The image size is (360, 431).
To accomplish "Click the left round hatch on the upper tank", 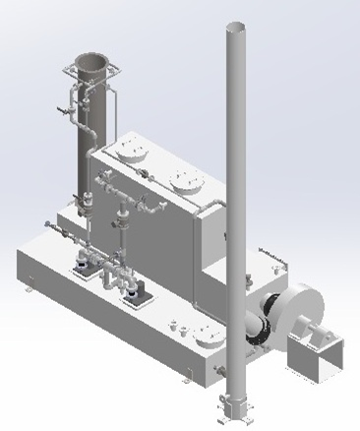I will coord(132,151).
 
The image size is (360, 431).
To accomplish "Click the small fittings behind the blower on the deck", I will coord(268,258).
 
